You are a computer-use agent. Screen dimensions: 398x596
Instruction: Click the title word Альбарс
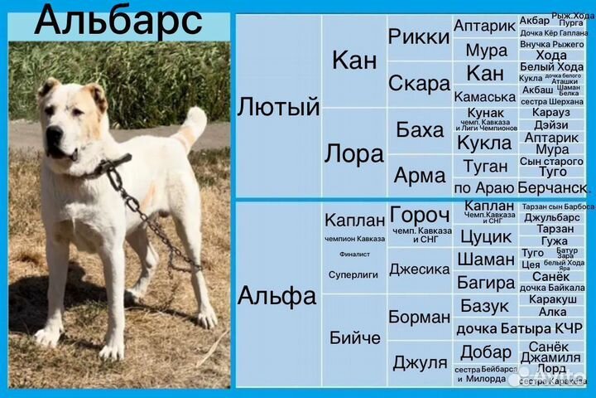click(118, 20)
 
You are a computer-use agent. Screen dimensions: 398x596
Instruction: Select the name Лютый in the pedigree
click(278, 107)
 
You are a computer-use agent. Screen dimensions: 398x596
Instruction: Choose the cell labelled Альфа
click(276, 295)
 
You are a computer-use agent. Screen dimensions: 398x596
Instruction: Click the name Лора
click(353, 153)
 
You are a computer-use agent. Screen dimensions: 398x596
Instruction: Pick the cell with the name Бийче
click(355, 337)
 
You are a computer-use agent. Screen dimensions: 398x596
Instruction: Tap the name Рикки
click(418, 36)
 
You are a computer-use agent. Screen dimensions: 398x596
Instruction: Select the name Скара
click(419, 84)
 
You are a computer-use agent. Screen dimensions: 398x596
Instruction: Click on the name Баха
click(420, 129)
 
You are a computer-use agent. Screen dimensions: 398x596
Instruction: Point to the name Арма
click(420, 175)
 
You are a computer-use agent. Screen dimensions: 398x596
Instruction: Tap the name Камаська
click(485, 96)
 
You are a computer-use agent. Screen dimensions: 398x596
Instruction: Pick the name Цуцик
click(486, 236)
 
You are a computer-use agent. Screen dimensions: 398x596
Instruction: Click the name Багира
click(486, 283)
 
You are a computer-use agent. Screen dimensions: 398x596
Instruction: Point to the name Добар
click(486, 352)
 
